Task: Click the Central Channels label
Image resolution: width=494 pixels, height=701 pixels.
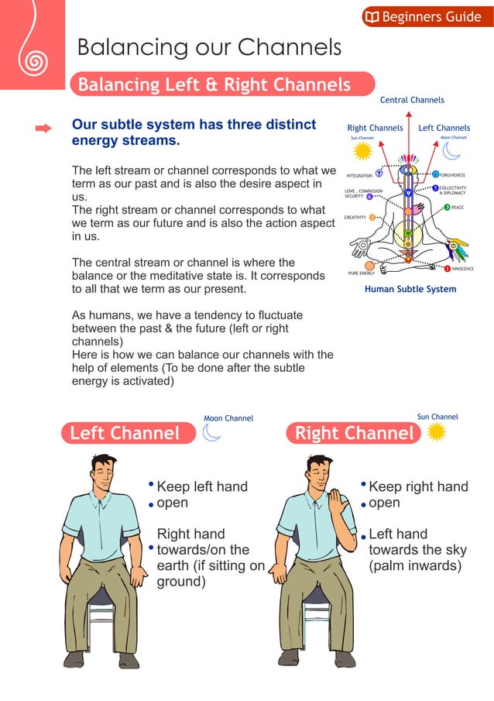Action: pos(412,100)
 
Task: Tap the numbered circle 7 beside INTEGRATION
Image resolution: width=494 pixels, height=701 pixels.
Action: pos(379,174)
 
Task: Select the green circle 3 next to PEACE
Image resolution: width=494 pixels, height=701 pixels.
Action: pos(447,208)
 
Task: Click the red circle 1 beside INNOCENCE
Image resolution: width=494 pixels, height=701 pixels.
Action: pos(447,268)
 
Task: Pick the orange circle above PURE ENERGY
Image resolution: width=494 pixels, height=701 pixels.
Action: pos(369,265)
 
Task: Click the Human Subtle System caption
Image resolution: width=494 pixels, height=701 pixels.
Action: pos(410,289)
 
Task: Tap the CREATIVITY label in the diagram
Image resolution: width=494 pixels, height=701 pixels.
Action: pos(355,218)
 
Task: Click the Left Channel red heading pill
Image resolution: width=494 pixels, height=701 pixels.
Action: pos(126,432)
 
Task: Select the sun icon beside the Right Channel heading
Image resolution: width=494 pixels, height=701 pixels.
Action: pos(437,431)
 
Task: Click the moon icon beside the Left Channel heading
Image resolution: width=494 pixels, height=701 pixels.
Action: pos(211,432)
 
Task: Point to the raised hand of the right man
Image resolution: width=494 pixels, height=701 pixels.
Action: pos(338,507)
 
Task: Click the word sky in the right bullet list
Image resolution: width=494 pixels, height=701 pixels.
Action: pos(454,550)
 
